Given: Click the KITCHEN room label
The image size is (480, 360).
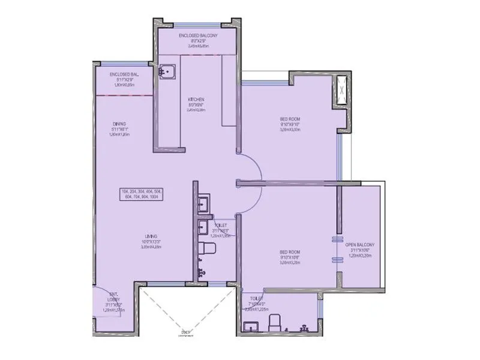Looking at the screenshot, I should (196, 99).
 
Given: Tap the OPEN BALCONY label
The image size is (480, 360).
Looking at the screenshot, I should (360, 245).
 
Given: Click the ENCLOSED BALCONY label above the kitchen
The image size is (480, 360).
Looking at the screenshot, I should (198, 36).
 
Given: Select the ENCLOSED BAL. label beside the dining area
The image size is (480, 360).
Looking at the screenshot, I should (124, 74).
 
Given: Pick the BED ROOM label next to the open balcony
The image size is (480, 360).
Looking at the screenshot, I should (289, 252).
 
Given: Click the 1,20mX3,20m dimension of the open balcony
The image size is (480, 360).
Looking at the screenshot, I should (360, 256).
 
